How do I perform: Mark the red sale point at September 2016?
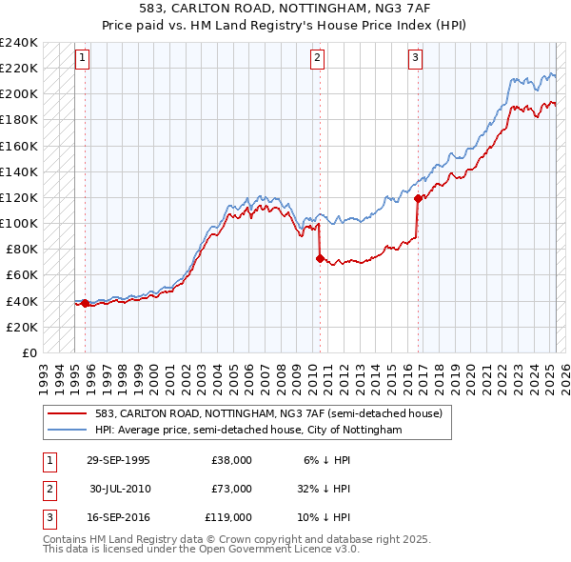pyautogui.click(x=418, y=198)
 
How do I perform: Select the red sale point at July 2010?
pyautogui.click(x=320, y=257)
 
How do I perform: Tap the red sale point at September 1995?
pyautogui.click(x=86, y=303)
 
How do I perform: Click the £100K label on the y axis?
pyautogui.click(x=19, y=223)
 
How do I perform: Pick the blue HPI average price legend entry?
pyautogui.click(x=248, y=431)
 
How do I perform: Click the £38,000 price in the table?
pyautogui.click(x=231, y=460)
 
